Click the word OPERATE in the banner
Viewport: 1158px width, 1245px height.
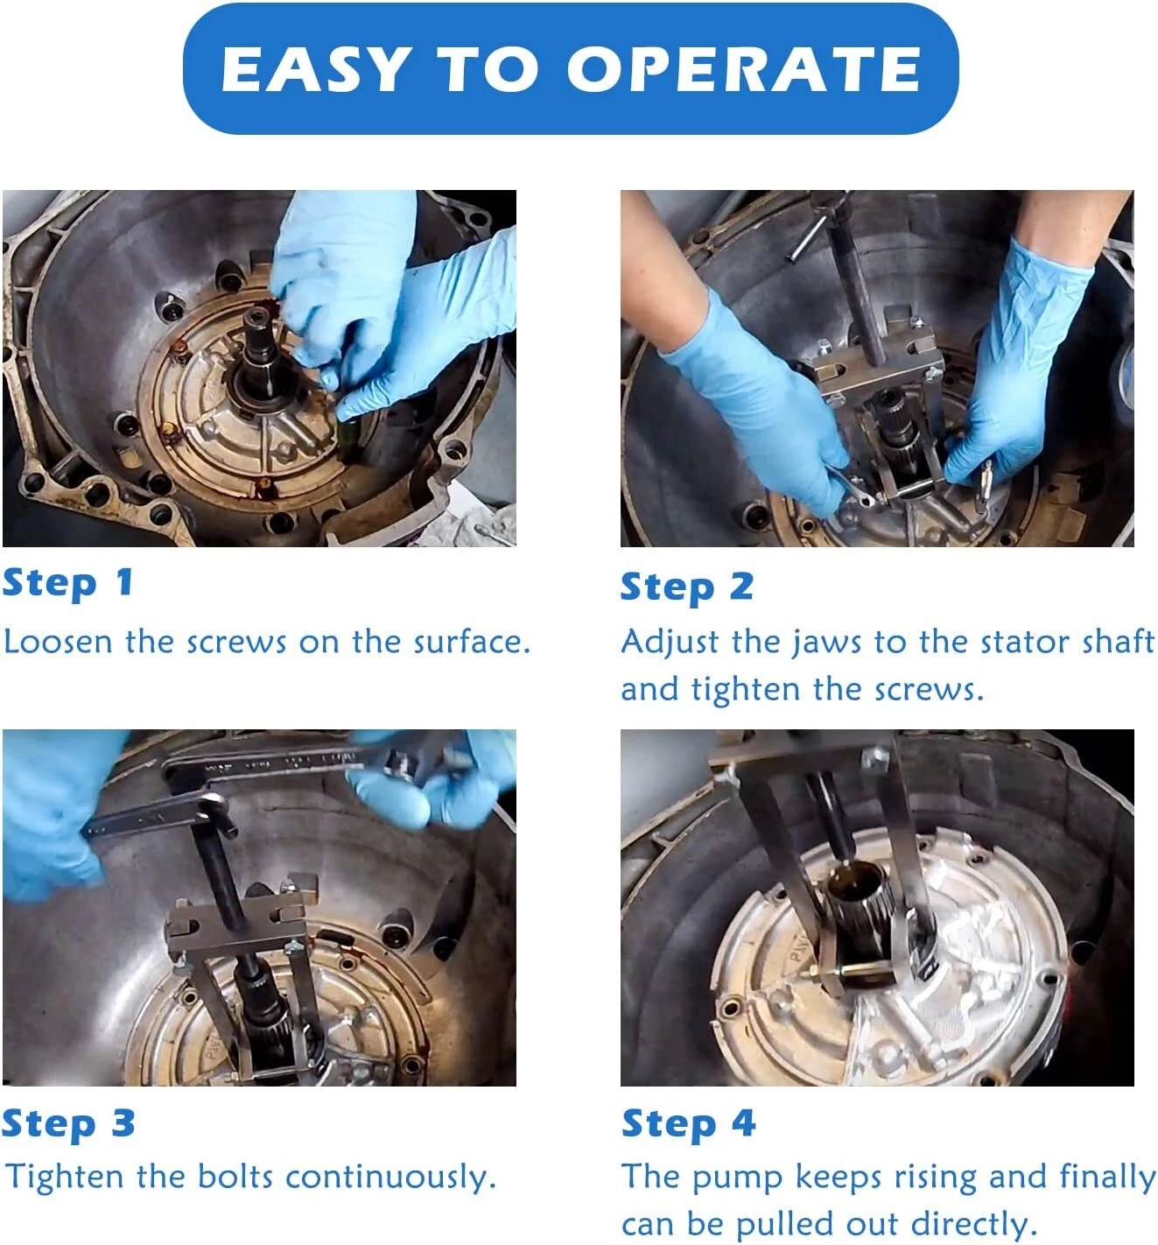[x=745, y=69]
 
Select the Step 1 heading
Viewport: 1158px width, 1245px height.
[x=67, y=584]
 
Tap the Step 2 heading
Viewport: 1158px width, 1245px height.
[x=686, y=588]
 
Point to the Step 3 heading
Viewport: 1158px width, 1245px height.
[x=68, y=1124]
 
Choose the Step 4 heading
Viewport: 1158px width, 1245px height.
[x=688, y=1124]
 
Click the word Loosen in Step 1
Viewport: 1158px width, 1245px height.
[x=58, y=641]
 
